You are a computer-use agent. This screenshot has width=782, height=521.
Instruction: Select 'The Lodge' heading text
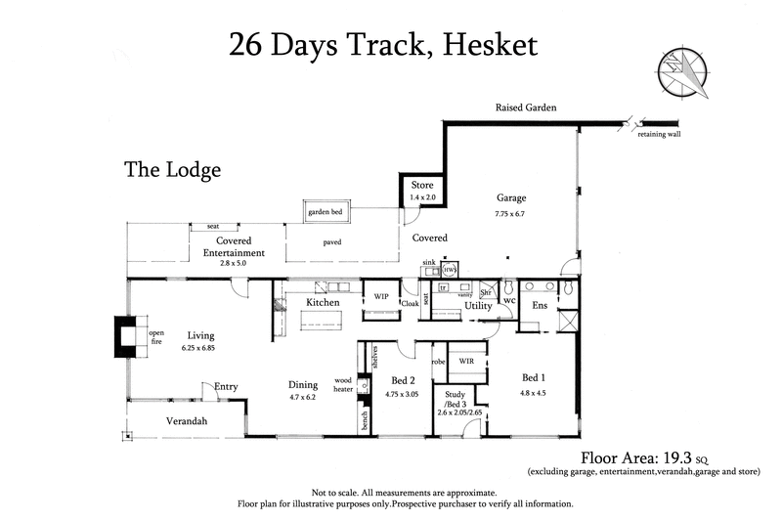[172, 170]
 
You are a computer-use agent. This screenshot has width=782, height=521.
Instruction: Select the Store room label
[421, 185]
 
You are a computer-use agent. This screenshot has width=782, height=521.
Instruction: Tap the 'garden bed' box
[326, 210]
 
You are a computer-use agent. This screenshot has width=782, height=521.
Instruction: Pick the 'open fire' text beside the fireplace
[156, 337]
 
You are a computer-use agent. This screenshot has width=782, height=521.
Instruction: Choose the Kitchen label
[323, 303]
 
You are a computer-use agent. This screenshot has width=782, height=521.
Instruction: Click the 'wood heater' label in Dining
[343, 383]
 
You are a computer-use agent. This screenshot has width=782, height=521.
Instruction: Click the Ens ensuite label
[540, 305]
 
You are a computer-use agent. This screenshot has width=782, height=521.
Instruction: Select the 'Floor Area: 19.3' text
[642, 456]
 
